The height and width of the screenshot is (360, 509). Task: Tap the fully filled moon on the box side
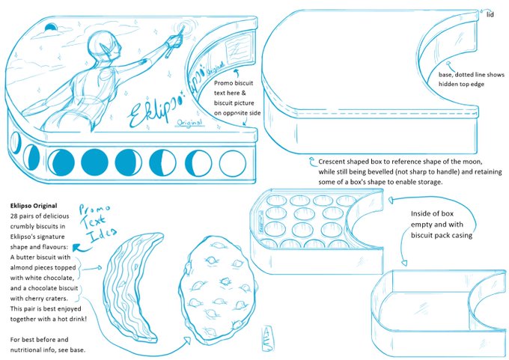pos(95,162)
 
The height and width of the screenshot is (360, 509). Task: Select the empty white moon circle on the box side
pos(233,163)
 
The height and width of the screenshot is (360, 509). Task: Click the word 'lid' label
pos(490,14)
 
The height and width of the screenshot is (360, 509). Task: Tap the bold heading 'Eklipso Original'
pos(34,206)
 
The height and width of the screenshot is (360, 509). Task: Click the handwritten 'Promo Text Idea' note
pos(97,223)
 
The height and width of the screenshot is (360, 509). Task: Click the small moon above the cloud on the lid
pos(51,28)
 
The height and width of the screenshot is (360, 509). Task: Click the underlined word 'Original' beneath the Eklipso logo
pos(189,123)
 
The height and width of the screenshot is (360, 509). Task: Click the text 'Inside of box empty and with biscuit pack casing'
pos(442,225)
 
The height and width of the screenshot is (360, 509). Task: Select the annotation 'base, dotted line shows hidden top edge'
pos(472,79)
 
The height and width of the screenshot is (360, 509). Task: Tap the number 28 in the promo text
pos(14,216)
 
